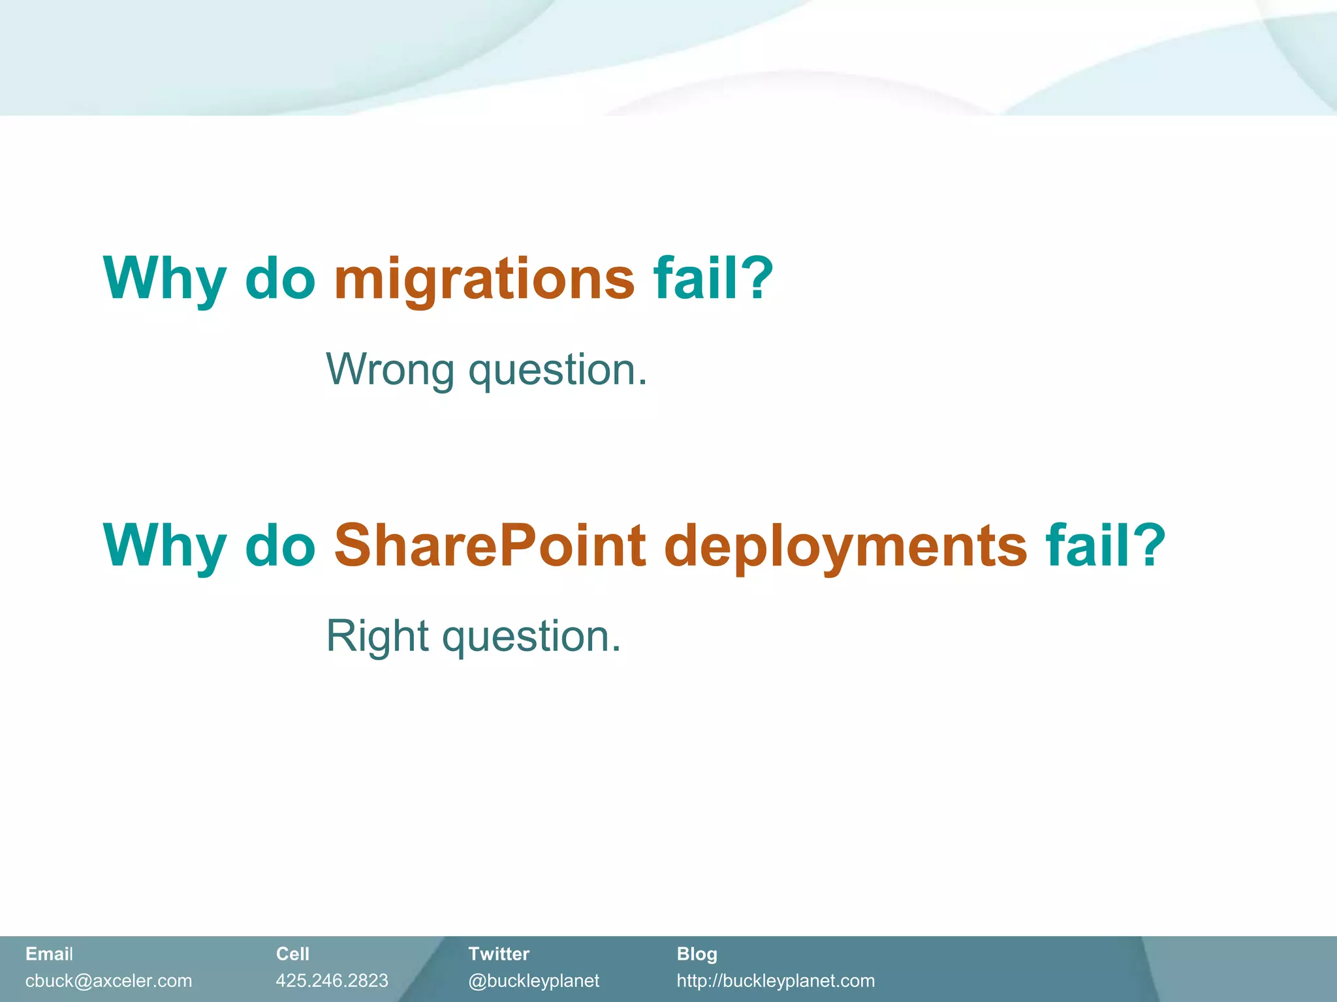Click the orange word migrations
coord(484,279)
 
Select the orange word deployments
coord(845,547)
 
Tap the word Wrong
coord(390,369)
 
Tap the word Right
coord(377,636)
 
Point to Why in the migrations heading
coord(165,279)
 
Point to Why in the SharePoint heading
coord(165,547)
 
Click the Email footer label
coord(49,954)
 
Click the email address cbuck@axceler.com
coord(108,980)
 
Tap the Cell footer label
coord(292,954)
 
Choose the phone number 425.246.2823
coord(332,980)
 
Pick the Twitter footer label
coord(499,954)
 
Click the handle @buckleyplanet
coord(533,980)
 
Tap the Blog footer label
coord(697,954)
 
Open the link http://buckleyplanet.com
coord(776,980)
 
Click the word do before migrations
coord(280,279)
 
